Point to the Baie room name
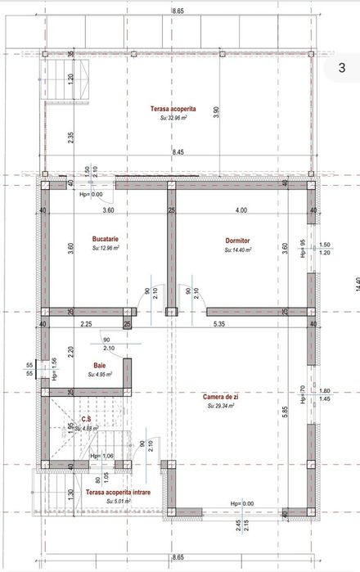tap(99, 366)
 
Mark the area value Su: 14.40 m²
tap(238, 249)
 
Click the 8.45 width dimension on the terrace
tap(178, 152)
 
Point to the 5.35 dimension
tap(219, 325)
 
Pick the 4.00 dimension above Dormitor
tap(240, 211)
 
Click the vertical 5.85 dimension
tap(285, 414)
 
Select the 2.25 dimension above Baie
tap(86, 325)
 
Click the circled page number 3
tap(340, 69)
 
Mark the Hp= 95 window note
tap(303, 248)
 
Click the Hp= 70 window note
tap(303, 394)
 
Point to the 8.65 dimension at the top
tap(178, 9)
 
